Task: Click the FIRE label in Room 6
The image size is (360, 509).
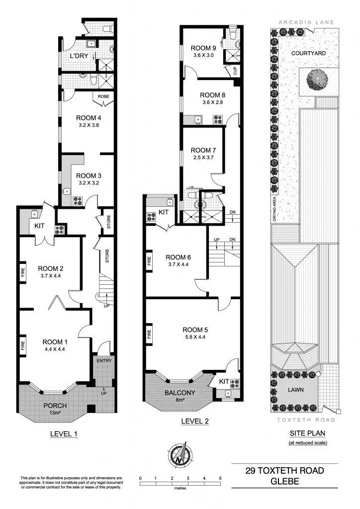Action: [150, 260]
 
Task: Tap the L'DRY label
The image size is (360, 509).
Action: [79, 56]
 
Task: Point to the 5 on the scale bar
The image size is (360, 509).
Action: [220, 478]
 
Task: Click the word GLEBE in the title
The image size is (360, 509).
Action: [284, 482]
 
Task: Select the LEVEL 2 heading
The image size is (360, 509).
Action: [195, 421]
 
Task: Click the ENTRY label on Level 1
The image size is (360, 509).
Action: [104, 360]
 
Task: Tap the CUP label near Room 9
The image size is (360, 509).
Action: [235, 71]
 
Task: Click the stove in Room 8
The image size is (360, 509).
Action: [217, 119]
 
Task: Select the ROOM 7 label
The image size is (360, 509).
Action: [201, 150]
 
